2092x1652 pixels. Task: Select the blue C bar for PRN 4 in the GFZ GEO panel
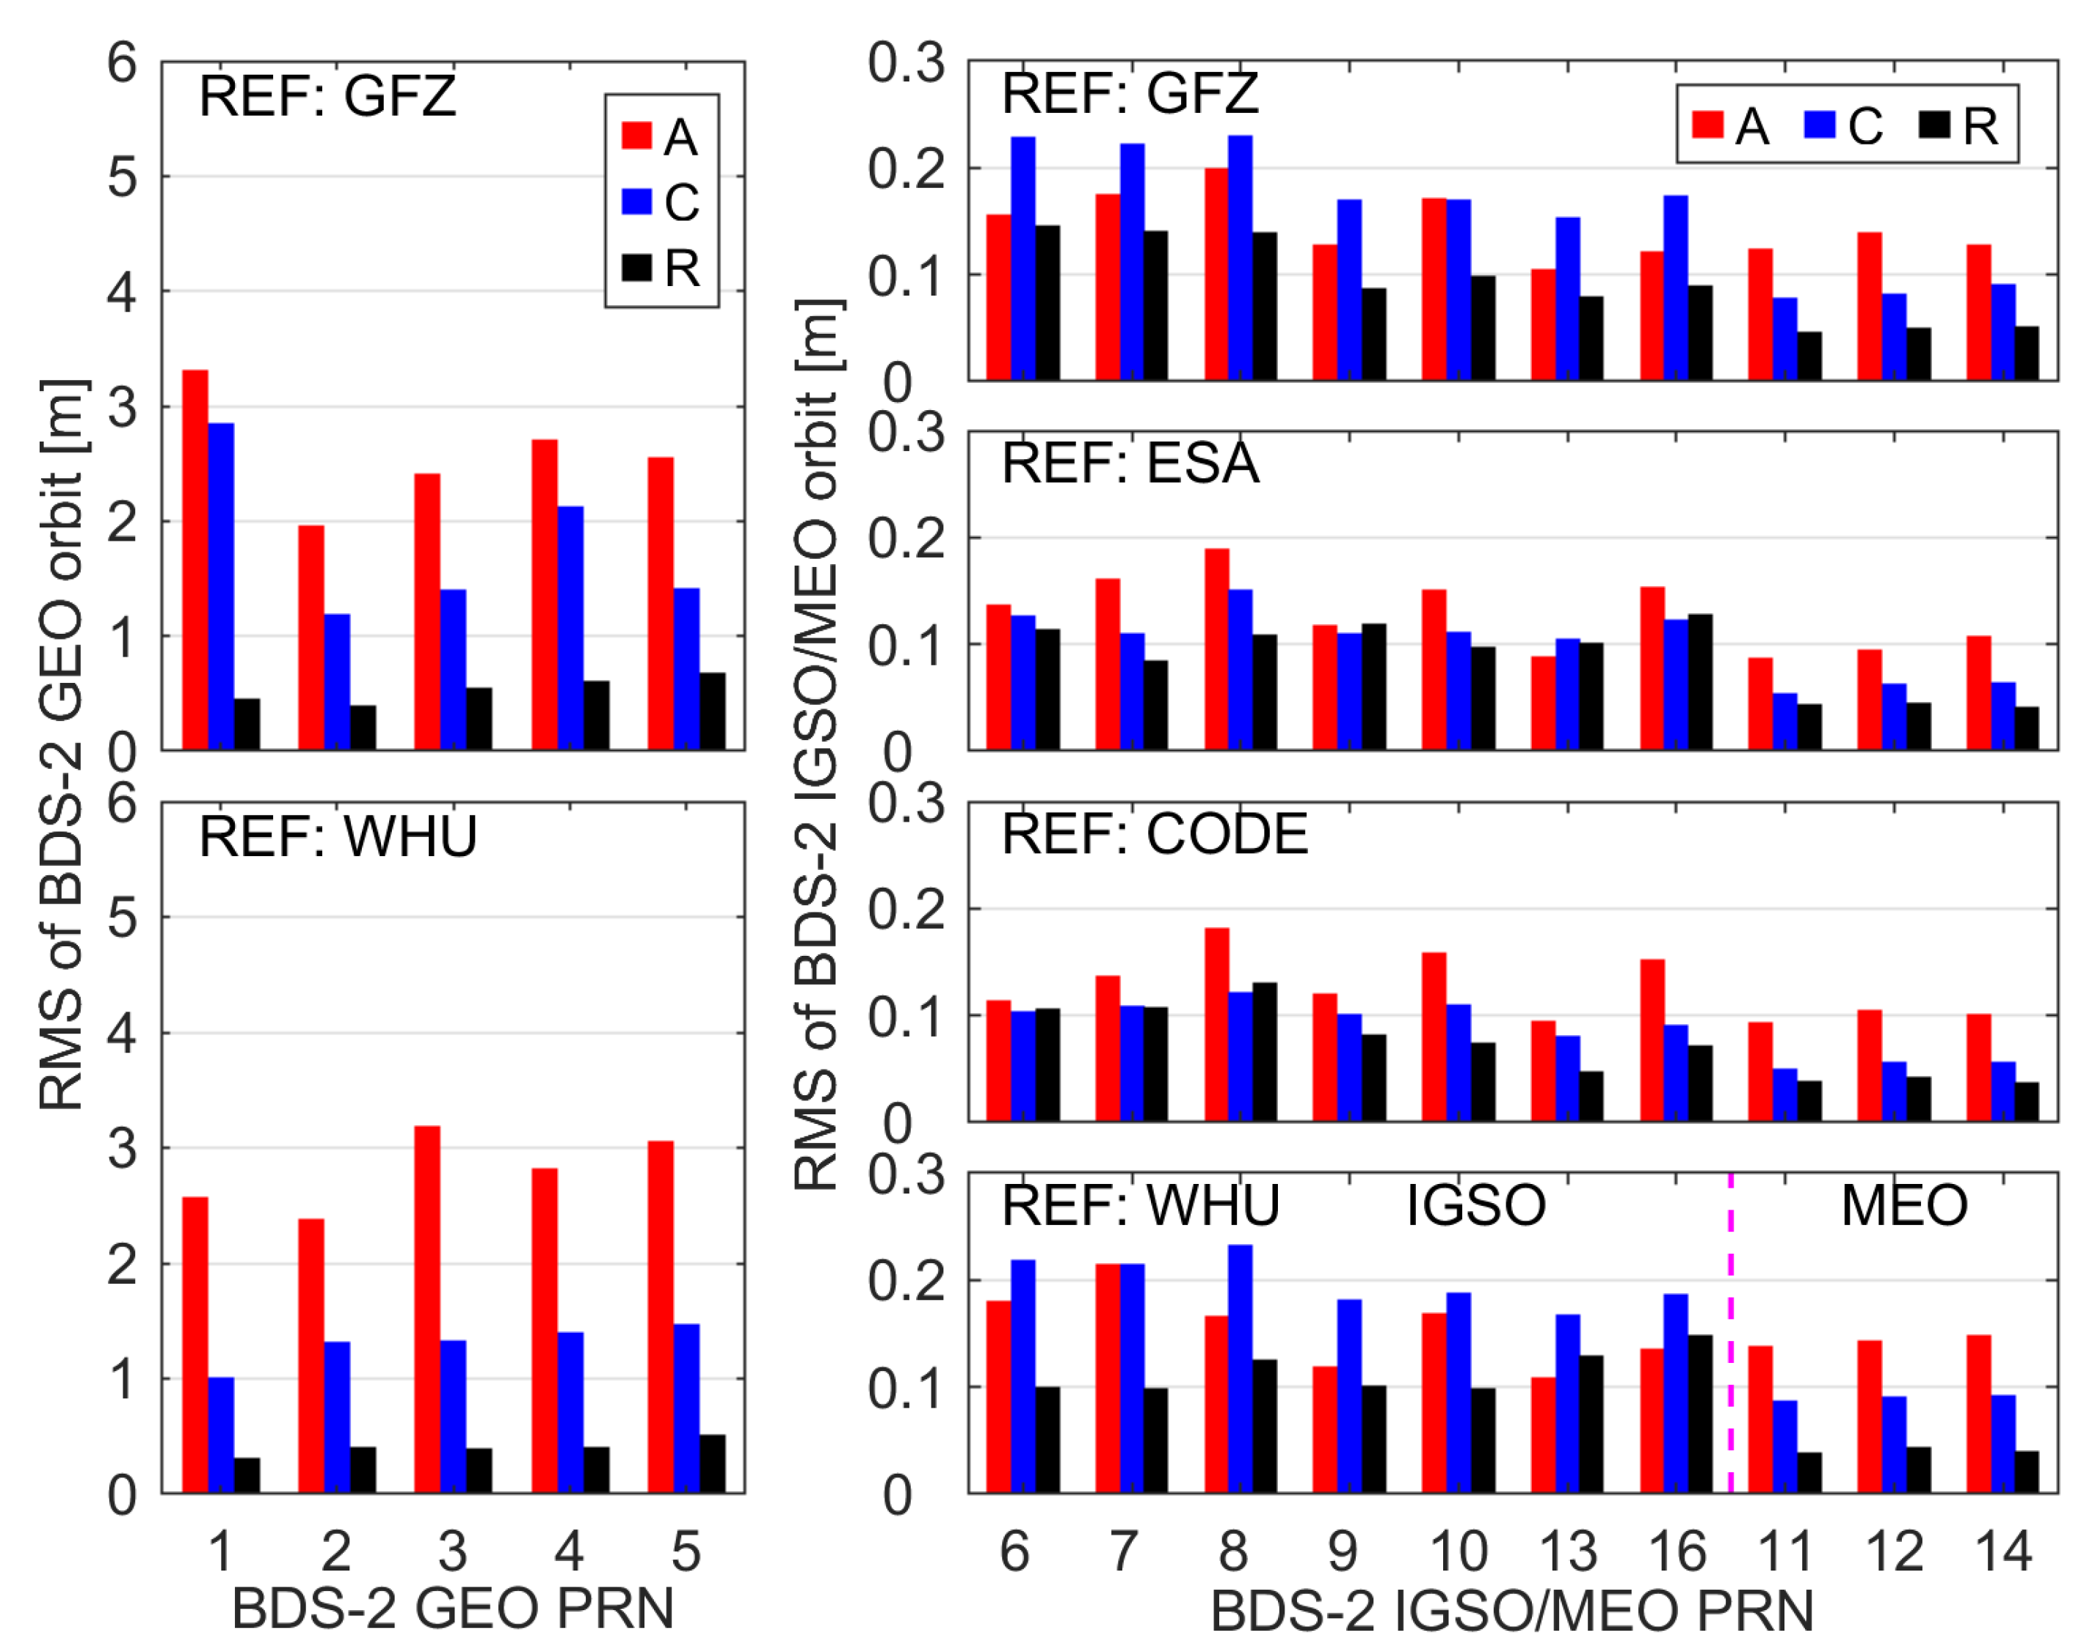pyautogui.click(x=570, y=628)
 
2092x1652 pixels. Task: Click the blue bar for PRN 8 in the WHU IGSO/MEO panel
pyautogui.click(x=1241, y=1369)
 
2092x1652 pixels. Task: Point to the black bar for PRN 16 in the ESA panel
pyautogui.click(x=1699, y=682)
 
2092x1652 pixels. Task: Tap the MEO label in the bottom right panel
pyautogui.click(x=1903, y=1205)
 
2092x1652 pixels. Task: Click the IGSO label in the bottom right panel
pyautogui.click(x=1475, y=1205)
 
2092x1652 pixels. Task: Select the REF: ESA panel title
pyautogui.click(x=1130, y=464)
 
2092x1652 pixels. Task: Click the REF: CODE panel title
pyautogui.click(x=1155, y=834)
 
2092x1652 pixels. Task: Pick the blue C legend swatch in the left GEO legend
pyautogui.click(x=636, y=201)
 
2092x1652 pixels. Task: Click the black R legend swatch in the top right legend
pyautogui.click(x=1934, y=125)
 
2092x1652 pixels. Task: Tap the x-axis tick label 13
pyautogui.click(x=1568, y=1552)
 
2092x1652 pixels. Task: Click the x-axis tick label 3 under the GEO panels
pyautogui.click(x=453, y=1552)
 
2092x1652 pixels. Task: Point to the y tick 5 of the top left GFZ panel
pyautogui.click(x=123, y=177)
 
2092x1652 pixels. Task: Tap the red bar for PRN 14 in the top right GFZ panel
pyautogui.click(x=1979, y=313)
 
